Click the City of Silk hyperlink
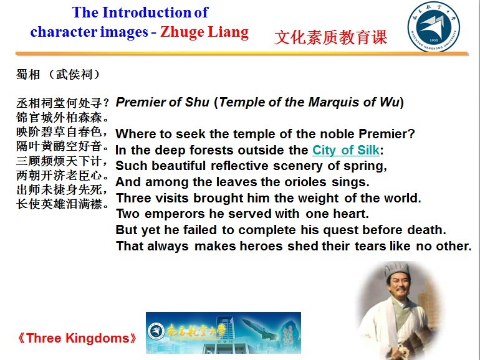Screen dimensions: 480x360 [346, 150]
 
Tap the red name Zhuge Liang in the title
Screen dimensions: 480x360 [204, 32]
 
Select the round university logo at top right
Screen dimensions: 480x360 [434, 27]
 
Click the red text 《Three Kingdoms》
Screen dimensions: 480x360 [77, 338]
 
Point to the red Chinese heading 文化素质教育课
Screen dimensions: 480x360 [331, 37]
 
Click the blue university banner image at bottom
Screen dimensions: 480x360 [223, 333]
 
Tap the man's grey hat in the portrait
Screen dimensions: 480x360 [397, 269]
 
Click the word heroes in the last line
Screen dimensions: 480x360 [261, 246]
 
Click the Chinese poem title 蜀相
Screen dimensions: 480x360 [28, 74]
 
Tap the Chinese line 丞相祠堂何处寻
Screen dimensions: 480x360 [59, 103]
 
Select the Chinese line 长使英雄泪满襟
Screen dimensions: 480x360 [59, 204]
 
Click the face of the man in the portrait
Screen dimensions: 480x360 [397, 285]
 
